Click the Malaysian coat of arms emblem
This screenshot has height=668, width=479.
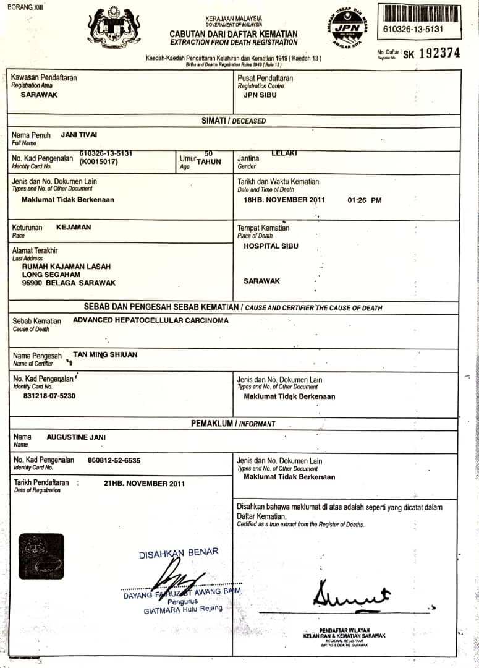point(114,28)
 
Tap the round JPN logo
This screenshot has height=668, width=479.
point(347,28)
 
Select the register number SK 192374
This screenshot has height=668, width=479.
point(431,53)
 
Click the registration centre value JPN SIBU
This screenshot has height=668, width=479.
point(260,95)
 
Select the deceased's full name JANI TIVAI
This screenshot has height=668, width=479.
point(79,134)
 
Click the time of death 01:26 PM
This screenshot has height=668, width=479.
point(365,200)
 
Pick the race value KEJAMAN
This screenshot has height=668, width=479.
point(74,227)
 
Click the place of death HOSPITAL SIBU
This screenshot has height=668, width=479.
point(271,246)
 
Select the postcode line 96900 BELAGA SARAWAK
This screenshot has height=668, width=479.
point(69,283)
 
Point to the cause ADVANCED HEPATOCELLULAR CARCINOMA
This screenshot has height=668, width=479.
point(151,320)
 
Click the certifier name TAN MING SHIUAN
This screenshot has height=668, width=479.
point(105,354)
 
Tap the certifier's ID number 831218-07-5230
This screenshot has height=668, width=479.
point(49,395)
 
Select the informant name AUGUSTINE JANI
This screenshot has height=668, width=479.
point(76,437)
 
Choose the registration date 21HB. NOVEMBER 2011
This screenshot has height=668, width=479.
point(145,483)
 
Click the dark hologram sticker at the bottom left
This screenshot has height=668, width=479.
point(41,556)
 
